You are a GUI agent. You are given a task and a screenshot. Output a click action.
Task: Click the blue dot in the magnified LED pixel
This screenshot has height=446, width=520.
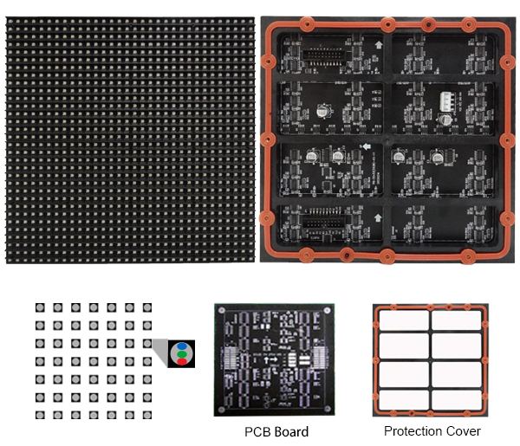[x=182, y=346]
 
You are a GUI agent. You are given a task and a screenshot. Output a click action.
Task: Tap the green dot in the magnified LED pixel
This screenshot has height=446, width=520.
[x=182, y=354]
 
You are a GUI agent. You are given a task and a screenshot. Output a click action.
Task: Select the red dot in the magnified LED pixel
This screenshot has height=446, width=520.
[x=182, y=361]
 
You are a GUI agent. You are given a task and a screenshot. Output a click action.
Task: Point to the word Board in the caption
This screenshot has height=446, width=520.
[x=291, y=432]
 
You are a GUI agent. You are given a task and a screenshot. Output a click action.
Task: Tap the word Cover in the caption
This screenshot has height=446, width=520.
[x=464, y=431]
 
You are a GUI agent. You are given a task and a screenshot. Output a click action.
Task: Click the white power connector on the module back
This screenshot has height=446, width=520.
[x=446, y=101]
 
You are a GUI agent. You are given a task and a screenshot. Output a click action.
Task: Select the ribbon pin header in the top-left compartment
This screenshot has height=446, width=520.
[x=322, y=55]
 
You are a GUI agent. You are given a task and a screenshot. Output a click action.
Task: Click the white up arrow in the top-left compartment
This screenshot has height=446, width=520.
[x=379, y=45]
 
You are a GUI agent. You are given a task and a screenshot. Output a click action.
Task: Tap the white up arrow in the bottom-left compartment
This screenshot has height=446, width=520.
[x=378, y=218]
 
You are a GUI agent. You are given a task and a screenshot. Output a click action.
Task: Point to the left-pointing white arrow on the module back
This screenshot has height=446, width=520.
[x=366, y=146]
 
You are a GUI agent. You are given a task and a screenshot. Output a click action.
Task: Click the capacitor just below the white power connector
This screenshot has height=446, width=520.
[x=445, y=120]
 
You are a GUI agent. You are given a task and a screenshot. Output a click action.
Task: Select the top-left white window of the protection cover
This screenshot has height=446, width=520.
[x=404, y=320]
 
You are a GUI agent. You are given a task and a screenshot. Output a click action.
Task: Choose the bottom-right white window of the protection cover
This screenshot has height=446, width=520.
[x=457, y=399]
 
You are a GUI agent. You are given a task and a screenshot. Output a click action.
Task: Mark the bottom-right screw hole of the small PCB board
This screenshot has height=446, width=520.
[x=328, y=408]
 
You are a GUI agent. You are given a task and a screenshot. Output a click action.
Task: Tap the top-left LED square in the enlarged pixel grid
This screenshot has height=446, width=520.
[x=40, y=307]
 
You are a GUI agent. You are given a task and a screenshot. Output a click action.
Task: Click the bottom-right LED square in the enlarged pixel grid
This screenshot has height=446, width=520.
[x=147, y=415]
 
